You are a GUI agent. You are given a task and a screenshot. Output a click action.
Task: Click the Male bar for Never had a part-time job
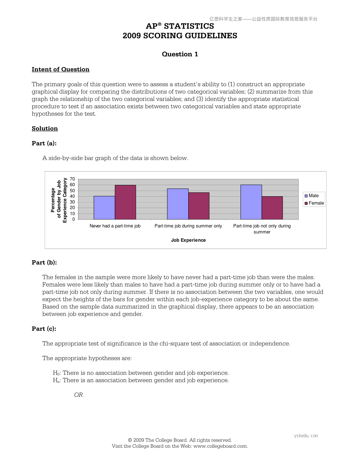click(104, 208)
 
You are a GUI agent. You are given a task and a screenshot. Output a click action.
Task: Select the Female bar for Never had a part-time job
click(125, 202)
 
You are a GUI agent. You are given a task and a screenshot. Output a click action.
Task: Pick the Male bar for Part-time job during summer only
click(178, 204)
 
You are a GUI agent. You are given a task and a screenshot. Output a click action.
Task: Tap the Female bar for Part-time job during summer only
click(199, 206)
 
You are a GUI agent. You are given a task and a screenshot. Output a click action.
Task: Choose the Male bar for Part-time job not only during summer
click(251, 202)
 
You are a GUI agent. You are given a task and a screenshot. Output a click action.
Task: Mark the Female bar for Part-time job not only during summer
click(272, 208)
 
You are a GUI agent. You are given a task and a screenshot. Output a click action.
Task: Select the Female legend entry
click(314, 203)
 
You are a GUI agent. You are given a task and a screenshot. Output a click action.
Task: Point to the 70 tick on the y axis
click(72, 179)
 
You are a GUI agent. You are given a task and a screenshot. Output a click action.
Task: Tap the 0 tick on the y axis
click(74, 219)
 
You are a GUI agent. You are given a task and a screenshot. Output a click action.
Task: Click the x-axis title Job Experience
click(188, 240)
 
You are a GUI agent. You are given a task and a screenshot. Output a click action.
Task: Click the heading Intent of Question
click(61, 69)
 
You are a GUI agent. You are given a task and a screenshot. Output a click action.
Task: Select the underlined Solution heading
click(45, 129)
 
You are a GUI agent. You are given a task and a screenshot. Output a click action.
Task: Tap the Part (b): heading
click(44, 262)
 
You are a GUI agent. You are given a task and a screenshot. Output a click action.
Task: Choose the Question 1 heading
click(180, 54)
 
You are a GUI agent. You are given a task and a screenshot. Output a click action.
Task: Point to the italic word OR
click(78, 395)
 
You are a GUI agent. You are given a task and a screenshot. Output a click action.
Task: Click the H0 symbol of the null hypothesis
click(56, 373)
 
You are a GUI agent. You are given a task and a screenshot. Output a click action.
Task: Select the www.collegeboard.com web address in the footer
click(220, 446)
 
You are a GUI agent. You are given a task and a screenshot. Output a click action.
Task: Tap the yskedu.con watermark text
click(306, 436)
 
